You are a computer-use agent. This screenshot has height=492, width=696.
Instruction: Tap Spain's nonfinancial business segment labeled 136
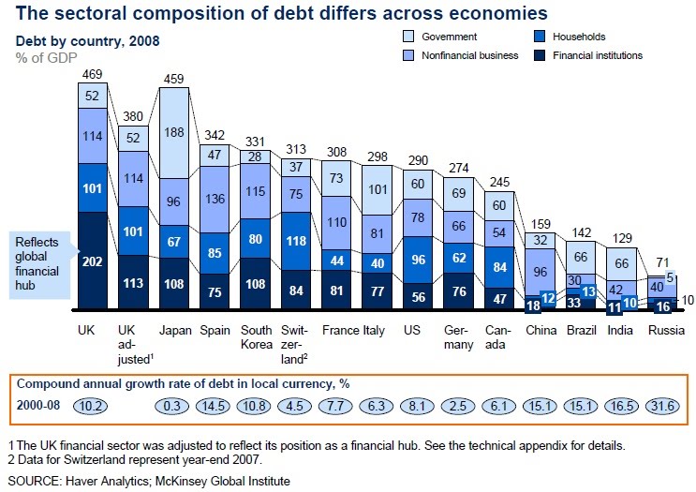coord(215,199)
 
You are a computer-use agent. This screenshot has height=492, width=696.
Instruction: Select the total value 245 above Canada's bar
coord(498,182)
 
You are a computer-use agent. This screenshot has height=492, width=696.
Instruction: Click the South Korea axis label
coord(256,337)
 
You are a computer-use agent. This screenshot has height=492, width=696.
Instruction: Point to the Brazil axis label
coord(581,331)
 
